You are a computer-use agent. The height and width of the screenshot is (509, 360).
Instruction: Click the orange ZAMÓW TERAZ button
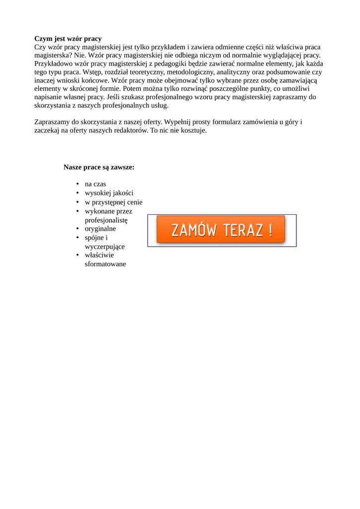(x=221, y=230)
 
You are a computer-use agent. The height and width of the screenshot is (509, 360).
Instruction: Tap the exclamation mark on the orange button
(x=270, y=230)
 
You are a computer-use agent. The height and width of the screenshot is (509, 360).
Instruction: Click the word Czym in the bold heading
(x=43, y=39)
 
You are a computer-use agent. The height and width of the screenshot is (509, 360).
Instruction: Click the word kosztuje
(x=191, y=131)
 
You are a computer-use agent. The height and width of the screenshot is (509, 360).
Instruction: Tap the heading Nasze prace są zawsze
(x=99, y=168)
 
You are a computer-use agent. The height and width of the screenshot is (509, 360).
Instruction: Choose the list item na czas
(x=95, y=184)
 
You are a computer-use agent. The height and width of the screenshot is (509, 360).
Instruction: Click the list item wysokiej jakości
(x=109, y=193)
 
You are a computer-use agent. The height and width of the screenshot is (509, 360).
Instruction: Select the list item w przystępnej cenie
(x=113, y=202)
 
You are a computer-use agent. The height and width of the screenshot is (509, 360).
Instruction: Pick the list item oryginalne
(x=100, y=229)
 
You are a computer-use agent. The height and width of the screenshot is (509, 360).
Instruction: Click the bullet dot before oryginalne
(x=78, y=229)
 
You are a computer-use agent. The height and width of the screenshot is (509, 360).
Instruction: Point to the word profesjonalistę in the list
(x=106, y=220)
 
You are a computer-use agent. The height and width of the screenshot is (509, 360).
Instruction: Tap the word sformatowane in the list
(x=105, y=264)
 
